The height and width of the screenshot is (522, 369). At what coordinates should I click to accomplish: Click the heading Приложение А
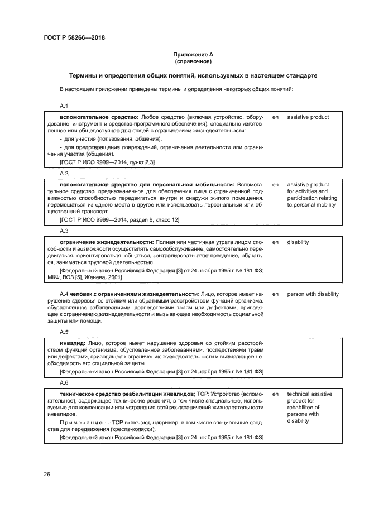(x=193, y=54)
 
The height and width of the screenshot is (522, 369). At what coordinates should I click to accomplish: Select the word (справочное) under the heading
(x=193, y=61)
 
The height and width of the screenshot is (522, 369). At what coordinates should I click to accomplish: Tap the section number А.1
(x=64, y=106)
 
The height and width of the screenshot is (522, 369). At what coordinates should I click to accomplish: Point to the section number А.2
(x=64, y=173)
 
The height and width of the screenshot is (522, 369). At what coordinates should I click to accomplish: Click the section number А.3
(x=64, y=231)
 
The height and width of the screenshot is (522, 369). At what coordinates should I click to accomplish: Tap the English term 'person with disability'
(x=313, y=294)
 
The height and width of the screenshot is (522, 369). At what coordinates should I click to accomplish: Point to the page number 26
(x=47, y=475)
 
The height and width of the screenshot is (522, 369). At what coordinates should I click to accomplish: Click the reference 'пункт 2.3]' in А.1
(x=142, y=162)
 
